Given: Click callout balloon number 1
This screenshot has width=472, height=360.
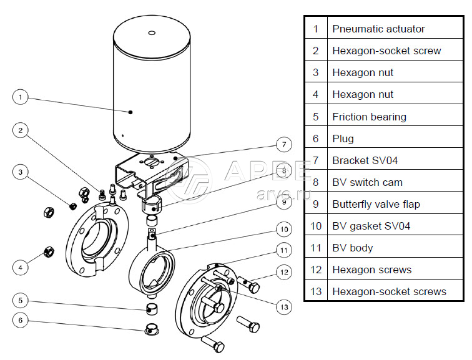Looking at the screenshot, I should [21, 97].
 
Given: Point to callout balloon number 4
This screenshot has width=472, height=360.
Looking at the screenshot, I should [21, 267].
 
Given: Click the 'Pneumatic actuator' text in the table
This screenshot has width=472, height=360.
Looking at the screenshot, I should [378, 29].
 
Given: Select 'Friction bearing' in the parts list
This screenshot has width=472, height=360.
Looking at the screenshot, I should [369, 117].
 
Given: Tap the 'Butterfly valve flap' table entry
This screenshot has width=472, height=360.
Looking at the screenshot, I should [376, 204].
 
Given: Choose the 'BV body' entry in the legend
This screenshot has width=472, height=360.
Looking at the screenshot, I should [352, 248].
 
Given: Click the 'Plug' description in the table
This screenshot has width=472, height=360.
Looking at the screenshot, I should [343, 139].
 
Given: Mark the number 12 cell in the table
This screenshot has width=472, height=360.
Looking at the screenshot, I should [316, 270].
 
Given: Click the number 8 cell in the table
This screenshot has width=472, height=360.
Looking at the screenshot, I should [316, 182].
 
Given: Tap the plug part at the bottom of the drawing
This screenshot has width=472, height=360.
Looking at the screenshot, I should [150, 329].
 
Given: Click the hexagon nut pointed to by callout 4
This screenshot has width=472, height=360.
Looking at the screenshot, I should [47, 252].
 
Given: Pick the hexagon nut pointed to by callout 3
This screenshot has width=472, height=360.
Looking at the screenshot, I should [72, 205].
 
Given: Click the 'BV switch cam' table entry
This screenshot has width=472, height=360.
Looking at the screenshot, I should [367, 182].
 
